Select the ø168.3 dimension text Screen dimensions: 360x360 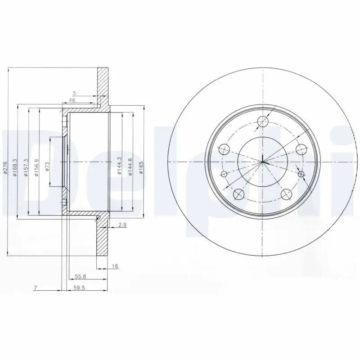(15, 167)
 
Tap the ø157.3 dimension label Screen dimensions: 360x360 (26, 167)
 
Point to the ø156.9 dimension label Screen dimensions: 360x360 (36, 167)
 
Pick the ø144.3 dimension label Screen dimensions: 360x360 (119, 165)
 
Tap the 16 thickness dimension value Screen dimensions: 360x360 (115, 266)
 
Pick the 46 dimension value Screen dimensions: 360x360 (72, 100)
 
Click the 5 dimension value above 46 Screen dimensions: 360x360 (75, 93)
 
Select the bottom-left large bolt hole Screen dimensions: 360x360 (239, 194)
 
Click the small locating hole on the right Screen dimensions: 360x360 (301, 174)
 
